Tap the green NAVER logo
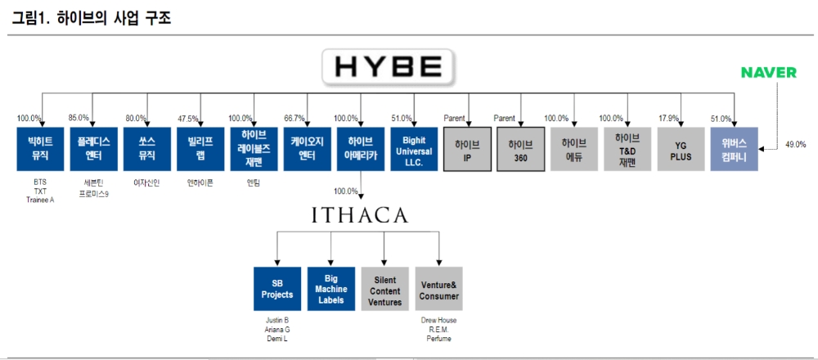point(768,73)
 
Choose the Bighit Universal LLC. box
point(414,148)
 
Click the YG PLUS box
point(681,148)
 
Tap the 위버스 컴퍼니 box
point(734,148)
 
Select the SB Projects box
point(276,288)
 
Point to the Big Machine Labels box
point(330,288)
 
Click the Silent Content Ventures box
point(384,288)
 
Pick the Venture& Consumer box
point(439,288)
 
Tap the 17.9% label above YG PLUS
point(669,119)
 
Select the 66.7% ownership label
point(294,119)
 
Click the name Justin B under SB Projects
point(276,320)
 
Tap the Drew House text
point(439,320)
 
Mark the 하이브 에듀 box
point(574,148)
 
